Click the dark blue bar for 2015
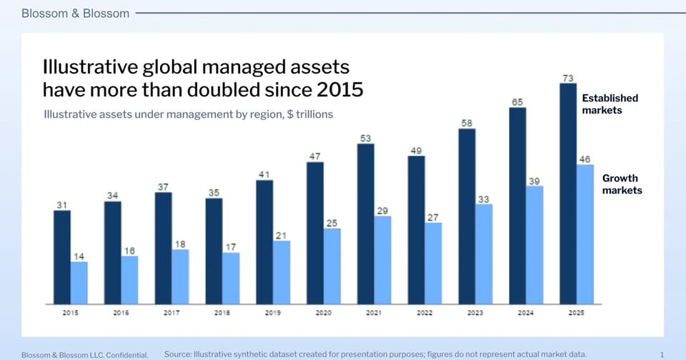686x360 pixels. tap(62, 257)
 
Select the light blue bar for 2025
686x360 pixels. tap(585, 234)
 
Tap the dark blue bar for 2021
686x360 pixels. tap(366, 224)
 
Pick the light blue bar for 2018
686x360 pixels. tap(231, 278)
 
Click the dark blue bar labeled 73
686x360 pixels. tap(568, 194)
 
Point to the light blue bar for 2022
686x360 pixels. tap(433, 264)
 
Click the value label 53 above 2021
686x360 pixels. tap(366, 139)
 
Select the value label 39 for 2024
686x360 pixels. tap(535, 181)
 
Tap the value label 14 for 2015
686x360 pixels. tap(79, 256)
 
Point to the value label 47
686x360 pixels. tap(315, 156)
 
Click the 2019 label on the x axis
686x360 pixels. tap(272, 313)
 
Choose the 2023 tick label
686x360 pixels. tap(475, 313)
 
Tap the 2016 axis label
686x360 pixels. tap(121, 313)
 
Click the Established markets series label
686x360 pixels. tap(610, 104)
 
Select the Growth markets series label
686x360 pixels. tap(622, 184)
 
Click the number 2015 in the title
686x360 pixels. tap(340, 90)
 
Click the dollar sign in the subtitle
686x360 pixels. tap(290, 114)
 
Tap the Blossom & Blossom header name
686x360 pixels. tap(75, 14)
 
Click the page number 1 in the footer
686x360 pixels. tap(662, 355)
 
